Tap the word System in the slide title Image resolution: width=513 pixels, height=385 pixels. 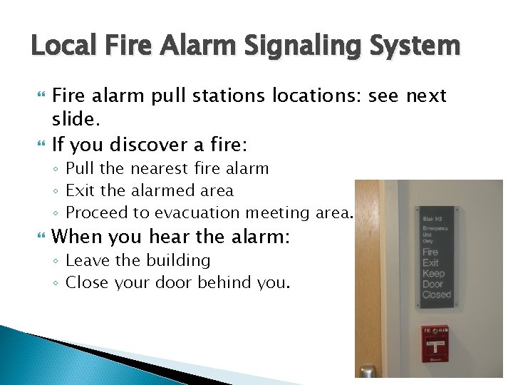[418, 47]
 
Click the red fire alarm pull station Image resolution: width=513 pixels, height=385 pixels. [435, 344]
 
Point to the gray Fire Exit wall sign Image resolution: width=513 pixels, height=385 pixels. [434, 257]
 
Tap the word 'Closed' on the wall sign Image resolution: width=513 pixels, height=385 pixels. [436, 294]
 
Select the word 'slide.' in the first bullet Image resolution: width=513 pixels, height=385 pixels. [75, 117]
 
